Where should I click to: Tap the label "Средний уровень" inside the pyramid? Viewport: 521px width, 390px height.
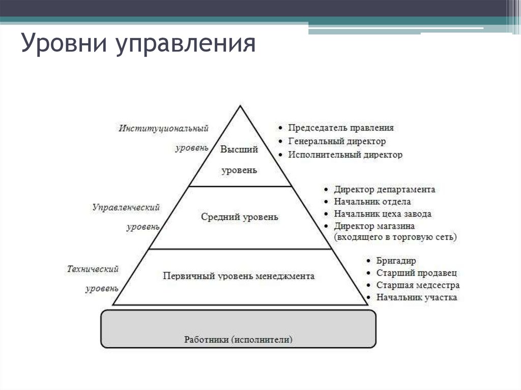[x=240, y=217]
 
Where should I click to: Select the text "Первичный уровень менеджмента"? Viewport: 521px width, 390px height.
[x=239, y=276]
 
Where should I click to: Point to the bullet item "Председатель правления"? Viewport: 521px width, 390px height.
[x=340, y=128]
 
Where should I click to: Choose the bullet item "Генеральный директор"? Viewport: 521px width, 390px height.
[x=337, y=141]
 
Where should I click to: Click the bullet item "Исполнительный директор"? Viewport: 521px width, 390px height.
[x=345, y=155]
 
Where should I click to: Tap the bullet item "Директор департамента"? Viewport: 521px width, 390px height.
[x=385, y=190]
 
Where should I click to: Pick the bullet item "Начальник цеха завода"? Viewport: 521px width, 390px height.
[x=383, y=214]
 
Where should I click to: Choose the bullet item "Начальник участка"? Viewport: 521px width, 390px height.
[x=417, y=297]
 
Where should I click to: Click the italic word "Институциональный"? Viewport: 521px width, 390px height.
[x=164, y=128]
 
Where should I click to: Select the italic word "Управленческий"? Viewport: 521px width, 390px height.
[x=126, y=207]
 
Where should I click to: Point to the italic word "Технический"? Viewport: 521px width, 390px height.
[x=93, y=268]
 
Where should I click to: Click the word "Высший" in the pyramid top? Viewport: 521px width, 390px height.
[x=239, y=149]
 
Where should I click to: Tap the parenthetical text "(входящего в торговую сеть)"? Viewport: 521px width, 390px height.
[x=395, y=237]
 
